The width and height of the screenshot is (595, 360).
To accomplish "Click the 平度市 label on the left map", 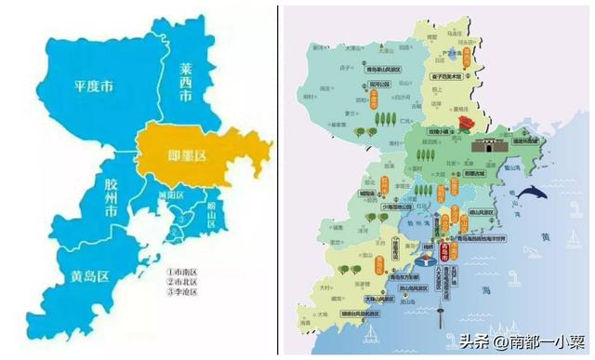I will pyautogui.click(x=93, y=87).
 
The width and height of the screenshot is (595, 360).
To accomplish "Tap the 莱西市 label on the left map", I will pyautogui.click(x=185, y=81).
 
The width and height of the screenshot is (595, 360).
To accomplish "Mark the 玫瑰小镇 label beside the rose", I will pyautogui.click(x=443, y=132).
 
